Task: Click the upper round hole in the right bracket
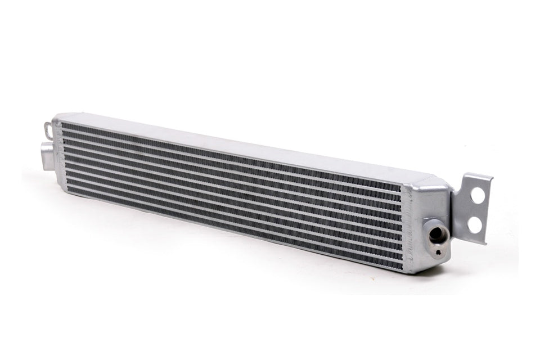pyautogui.click(x=478, y=196)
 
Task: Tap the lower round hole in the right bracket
pyautogui.click(x=474, y=224)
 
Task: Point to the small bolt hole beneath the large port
pyautogui.click(x=438, y=251)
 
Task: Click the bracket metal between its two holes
pyautogui.click(x=476, y=210)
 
